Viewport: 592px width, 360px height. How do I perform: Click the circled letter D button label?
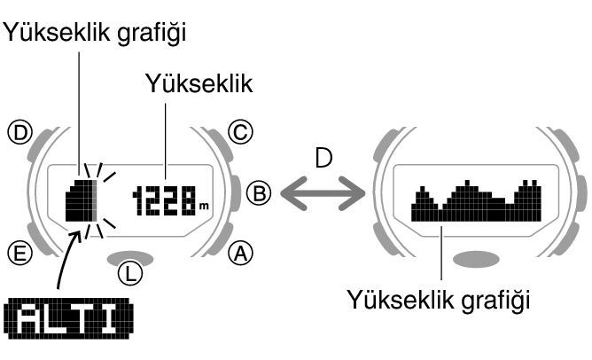18,133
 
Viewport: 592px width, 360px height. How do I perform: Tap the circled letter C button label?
239,133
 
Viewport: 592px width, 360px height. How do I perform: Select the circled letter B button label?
257,192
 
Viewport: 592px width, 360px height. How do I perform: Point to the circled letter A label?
239,254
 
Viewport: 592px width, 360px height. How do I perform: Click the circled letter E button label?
18,254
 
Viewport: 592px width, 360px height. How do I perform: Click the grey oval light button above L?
129,257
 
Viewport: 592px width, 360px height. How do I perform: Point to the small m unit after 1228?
205,207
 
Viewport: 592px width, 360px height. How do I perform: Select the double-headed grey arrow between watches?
322,191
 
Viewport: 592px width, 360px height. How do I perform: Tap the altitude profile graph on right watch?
477,201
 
